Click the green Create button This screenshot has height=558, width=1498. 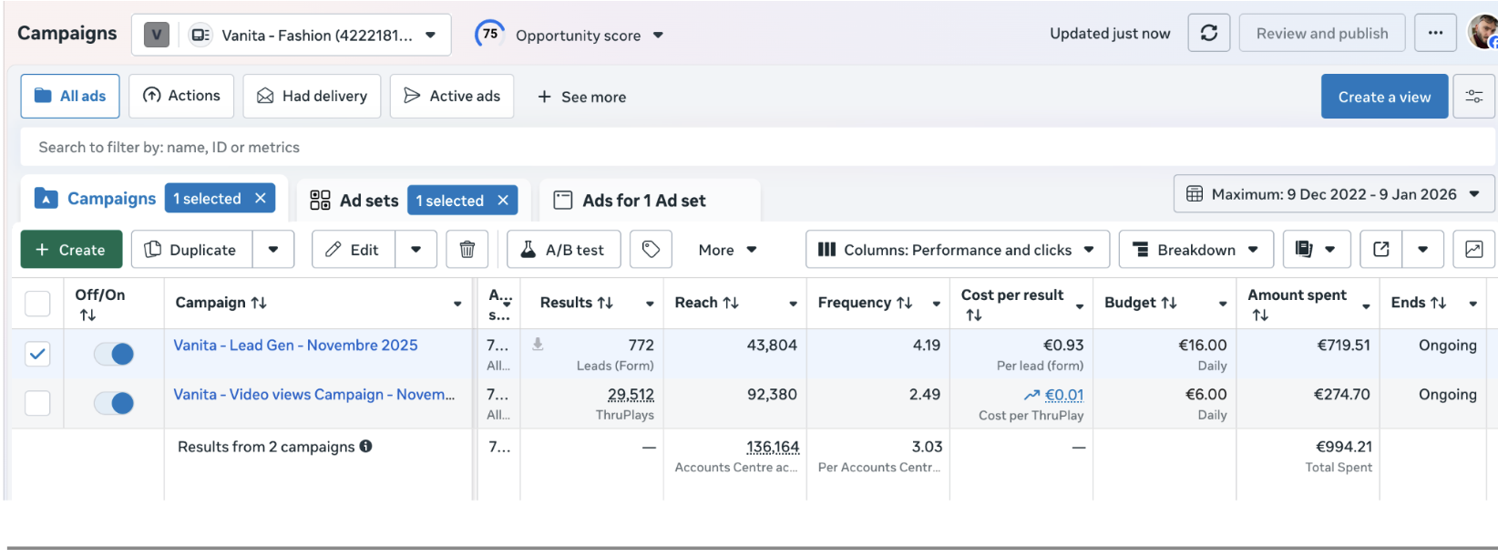point(72,250)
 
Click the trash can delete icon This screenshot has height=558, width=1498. point(467,250)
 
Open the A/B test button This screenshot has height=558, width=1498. point(564,250)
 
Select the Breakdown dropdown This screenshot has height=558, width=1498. point(1195,250)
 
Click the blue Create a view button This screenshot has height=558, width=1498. point(1384,97)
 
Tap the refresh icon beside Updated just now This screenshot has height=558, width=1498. point(1208,33)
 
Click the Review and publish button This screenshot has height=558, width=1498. point(1322,33)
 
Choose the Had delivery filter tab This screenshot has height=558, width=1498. point(312,97)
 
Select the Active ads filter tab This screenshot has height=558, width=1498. point(451,97)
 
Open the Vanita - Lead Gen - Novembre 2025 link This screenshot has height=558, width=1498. point(295,346)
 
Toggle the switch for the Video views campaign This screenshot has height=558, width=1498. point(114,403)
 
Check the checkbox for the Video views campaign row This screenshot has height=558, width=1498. point(37,403)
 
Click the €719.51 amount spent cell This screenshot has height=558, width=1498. point(1343,346)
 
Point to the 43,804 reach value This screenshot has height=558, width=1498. point(772,346)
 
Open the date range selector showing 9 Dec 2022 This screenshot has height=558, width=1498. point(1333,194)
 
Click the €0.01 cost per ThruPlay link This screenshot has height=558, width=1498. point(1064,395)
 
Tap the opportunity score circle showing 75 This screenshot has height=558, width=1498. point(490,34)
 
